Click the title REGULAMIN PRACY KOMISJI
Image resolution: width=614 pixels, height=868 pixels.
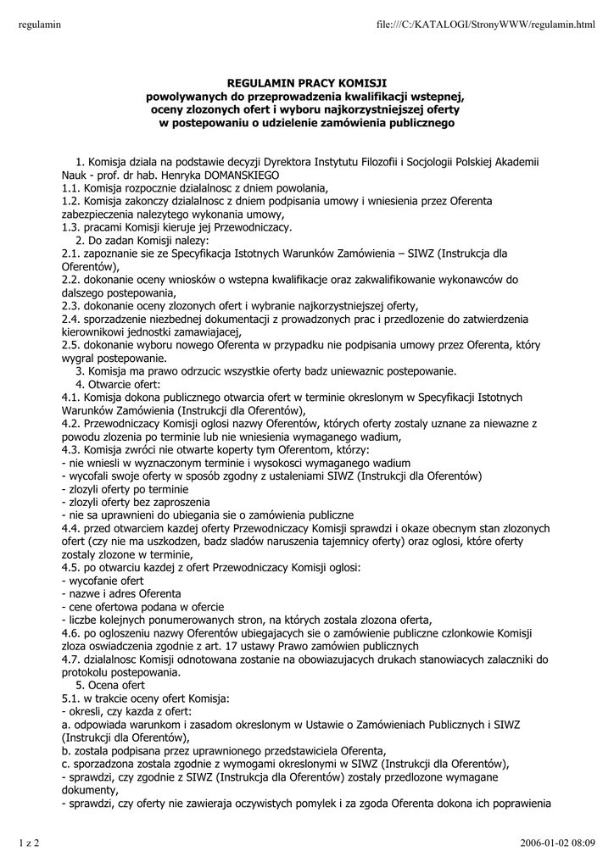click(306, 83)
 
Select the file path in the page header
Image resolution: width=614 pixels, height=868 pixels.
click(486, 25)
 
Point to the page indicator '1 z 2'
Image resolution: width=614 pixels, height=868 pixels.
click(30, 842)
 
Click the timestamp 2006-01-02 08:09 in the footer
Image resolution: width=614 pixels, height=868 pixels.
click(558, 842)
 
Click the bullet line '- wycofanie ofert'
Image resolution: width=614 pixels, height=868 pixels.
click(103, 581)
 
